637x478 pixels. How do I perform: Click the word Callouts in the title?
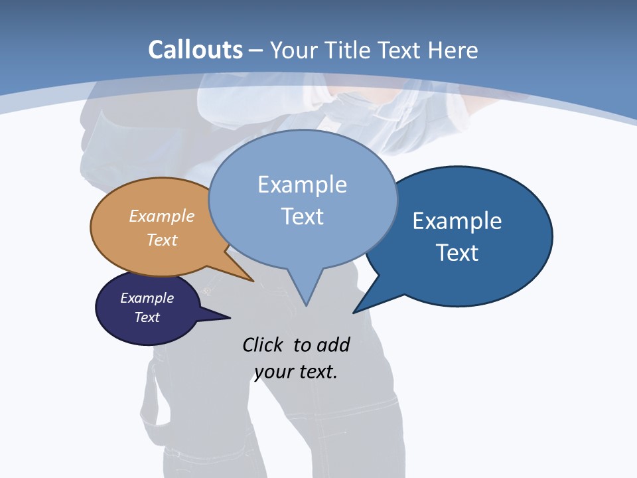195,50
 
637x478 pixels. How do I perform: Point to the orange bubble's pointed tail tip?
253,281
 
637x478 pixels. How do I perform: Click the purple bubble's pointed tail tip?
230,317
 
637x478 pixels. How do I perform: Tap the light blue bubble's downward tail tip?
306,305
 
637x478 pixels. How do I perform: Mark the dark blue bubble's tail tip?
354,312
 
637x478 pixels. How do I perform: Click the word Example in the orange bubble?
162,216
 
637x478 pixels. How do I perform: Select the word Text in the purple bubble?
147,317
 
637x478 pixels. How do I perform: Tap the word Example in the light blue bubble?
302,185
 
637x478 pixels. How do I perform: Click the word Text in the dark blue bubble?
457,253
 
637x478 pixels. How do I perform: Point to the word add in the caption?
333,345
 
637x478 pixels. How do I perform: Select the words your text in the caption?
296,372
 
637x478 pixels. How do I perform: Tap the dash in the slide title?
256,50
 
